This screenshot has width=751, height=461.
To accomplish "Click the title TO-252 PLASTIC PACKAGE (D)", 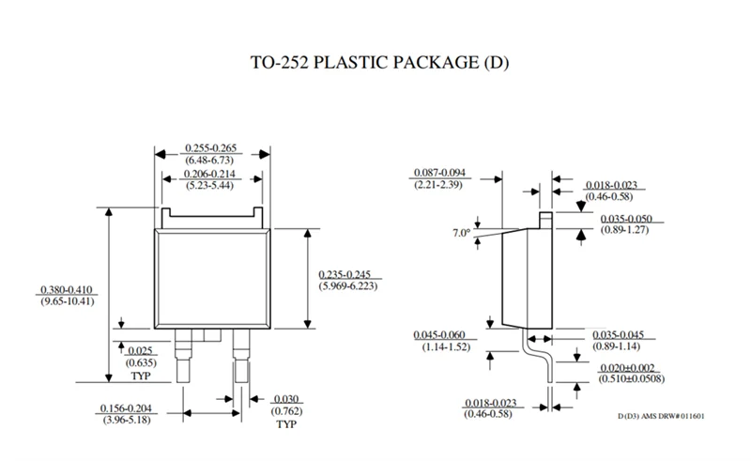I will coord(375,64).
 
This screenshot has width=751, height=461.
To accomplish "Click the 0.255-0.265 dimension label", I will coord(210,148).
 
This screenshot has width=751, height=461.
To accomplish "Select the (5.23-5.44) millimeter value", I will coord(210,187).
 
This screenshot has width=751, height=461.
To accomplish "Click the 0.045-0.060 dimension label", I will coord(440,334).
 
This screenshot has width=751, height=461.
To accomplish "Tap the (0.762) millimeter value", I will coord(285,410).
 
